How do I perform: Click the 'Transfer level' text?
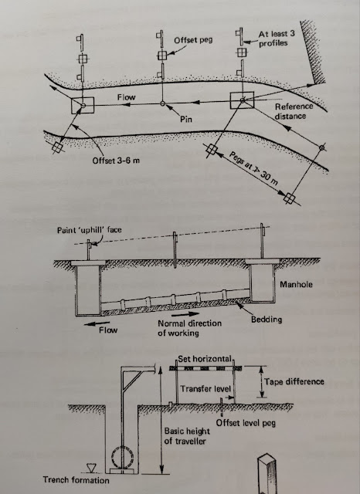tap(205, 390)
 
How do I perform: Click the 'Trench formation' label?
tap(43, 479)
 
